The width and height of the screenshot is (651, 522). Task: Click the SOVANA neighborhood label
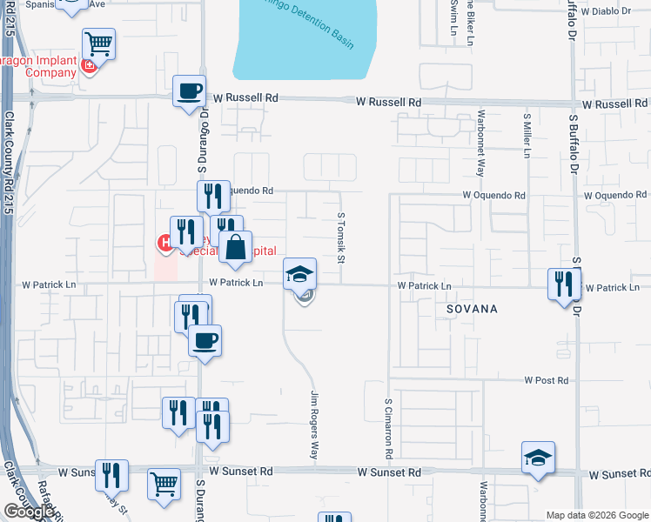(x=473, y=309)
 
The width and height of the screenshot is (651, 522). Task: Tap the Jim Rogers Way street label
(x=314, y=425)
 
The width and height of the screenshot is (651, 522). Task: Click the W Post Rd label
(x=546, y=380)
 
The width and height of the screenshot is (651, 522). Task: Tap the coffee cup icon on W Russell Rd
(x=189, y=90)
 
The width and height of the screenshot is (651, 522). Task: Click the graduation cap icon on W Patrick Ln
(x=299, y=274)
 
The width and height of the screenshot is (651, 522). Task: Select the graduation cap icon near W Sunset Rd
(x=538, y=458)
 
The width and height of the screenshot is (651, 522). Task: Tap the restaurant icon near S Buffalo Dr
(x=563, y=283)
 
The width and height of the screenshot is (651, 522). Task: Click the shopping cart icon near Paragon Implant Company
(x=99, y=43)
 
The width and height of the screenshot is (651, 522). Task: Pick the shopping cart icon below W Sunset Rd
(x=164, y=484)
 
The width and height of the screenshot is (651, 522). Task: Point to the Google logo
(x=29, y=512)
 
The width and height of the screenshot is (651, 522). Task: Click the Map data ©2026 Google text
(x=596, y=515)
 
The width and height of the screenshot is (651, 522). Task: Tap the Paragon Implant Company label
(x=38, y=66)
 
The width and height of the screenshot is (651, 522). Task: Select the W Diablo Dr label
(x=608, y=12)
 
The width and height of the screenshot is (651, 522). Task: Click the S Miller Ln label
(x=527, y=134)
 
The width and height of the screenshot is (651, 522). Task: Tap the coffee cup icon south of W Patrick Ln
(x=205, y=340)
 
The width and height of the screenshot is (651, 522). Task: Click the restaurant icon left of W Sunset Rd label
(x=111, y=474)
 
